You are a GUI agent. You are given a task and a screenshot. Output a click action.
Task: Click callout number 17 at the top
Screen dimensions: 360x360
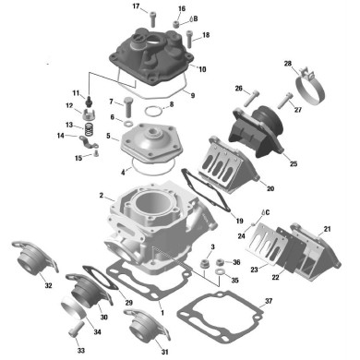click(136, 7)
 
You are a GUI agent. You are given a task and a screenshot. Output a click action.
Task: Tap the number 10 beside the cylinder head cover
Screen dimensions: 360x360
click(202, 69)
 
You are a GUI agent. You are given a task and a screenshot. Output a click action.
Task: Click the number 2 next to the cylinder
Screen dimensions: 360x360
click(100, 197)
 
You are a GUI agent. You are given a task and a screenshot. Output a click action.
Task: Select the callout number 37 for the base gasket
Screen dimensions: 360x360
click(269, 302)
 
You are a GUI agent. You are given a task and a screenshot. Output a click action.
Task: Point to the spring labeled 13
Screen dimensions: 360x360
click(90, 126)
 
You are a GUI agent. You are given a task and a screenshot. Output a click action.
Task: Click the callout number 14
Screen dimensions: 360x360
click(60, 138)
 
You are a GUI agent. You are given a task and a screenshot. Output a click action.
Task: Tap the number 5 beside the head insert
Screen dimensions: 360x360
click(108, 137)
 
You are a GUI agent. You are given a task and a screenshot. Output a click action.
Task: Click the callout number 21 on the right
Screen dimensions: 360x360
click(327, 229)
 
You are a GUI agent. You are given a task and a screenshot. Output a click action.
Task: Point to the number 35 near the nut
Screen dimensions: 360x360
click(234, 281)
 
